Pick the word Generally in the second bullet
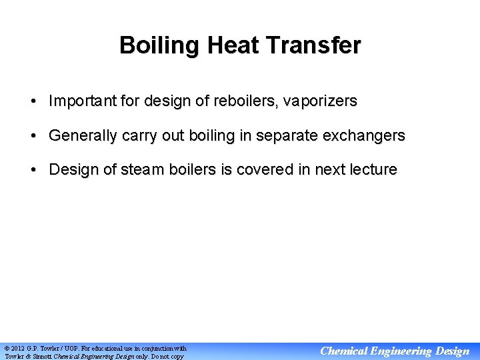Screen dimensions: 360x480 [x=81, y=135]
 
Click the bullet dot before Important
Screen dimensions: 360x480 [x=33, y=102]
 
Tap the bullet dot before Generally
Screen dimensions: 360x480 [x=33, y=136]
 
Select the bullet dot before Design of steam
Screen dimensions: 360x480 [x=33, y=170]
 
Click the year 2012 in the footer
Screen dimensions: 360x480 [x=18, y=348]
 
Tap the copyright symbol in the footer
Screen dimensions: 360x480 [x=7, y=348]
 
